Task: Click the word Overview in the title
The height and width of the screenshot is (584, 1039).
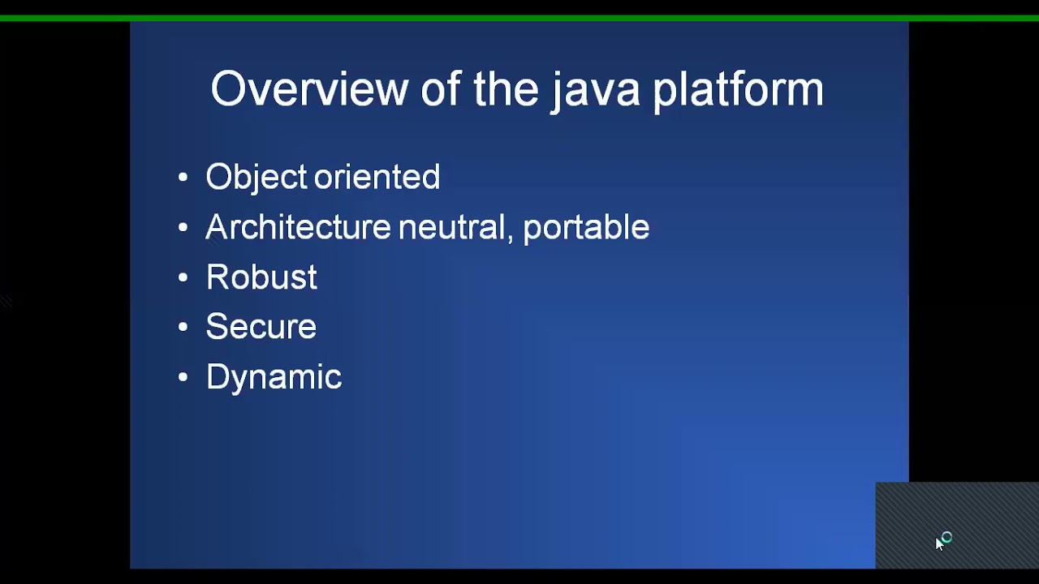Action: click(308, 88)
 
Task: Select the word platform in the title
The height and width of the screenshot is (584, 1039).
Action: click(738, 90)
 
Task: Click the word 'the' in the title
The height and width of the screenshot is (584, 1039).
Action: click(506, 88)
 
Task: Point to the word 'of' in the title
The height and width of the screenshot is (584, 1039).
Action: click(440, 88)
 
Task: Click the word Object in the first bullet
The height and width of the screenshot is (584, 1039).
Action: click(256, 178)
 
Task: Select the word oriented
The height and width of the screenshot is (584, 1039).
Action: click(377, 177)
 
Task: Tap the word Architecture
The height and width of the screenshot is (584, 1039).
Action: click(298, 227)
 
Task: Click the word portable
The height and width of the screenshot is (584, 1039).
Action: click(586, 228)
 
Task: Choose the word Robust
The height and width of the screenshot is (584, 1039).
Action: click(261, 277)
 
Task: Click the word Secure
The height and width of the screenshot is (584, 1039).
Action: click(261, 327)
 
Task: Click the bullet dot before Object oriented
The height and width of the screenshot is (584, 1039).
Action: click(183, 178)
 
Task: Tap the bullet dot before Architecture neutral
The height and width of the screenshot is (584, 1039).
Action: click(183, 228)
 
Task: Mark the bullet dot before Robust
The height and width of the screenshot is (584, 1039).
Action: click(183, 277)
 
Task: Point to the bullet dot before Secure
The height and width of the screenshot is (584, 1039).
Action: click(183, 327)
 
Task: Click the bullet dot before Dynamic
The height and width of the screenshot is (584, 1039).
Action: click(183, 377)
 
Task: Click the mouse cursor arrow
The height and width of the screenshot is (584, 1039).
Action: click(939, 544)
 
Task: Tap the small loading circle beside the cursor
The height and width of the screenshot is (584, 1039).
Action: click(946, 537)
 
